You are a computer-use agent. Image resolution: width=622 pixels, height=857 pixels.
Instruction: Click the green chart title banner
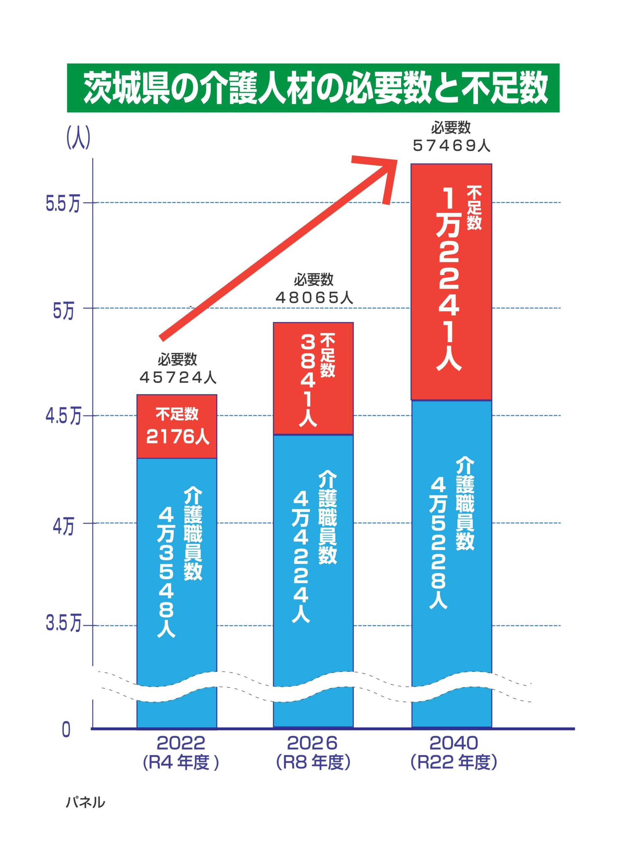(313, 88)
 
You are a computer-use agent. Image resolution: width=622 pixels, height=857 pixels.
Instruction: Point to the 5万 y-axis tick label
(63, 312)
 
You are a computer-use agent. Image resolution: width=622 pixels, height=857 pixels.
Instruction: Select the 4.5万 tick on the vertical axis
(63, 417)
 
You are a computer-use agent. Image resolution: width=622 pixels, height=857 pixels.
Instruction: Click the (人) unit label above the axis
(78, 138)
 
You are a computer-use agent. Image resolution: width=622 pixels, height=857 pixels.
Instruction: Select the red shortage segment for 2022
(176, 426)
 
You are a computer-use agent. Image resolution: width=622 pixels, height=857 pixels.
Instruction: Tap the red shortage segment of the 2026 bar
(313, 378)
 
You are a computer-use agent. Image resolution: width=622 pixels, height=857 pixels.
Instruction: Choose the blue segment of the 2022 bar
(176, 567)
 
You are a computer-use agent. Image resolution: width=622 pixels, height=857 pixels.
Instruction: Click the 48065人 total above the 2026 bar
(314, 299)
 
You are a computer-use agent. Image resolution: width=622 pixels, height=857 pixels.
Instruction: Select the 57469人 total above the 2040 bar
(452, 146)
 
